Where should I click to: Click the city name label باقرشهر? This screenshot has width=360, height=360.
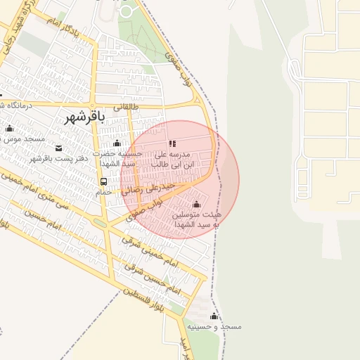point(84,117)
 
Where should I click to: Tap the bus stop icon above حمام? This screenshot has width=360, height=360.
point(104,181)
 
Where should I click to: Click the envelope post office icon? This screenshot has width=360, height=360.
point(58,148)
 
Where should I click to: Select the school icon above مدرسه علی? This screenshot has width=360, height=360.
point(172,143)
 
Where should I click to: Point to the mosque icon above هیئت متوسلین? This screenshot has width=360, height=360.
point(195,204)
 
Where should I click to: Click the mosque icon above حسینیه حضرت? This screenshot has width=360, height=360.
point(117,143)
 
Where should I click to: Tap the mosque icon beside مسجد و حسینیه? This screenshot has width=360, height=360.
point(214,316)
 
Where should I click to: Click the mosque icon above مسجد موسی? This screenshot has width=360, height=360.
point(9,129)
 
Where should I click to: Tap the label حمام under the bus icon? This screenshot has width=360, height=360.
point(104,191)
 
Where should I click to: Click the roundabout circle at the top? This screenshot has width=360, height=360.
point(127,11)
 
